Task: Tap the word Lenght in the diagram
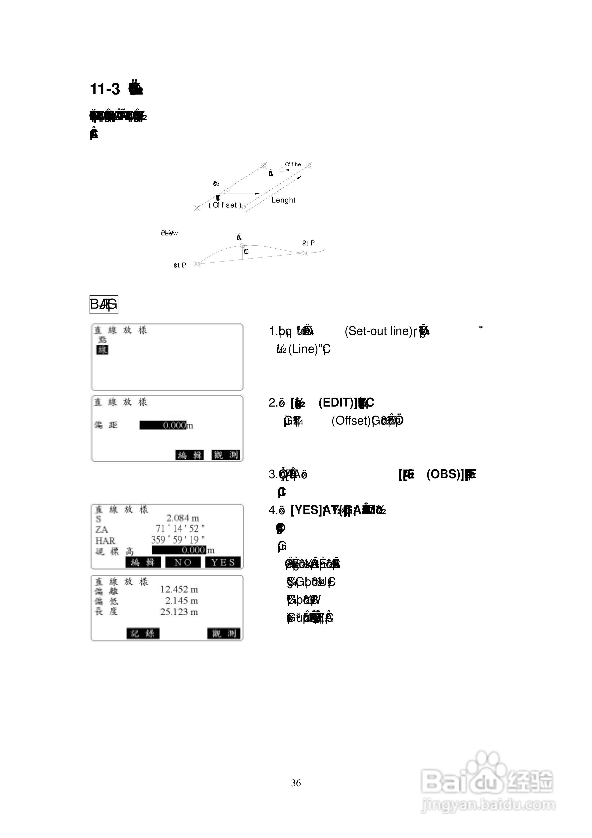tap(283, 200)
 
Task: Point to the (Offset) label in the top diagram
tap(225, 205)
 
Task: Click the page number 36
tap(296, 783)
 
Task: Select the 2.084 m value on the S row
tap(183, 518)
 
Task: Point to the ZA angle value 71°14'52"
tap(180, 529)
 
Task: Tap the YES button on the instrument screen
tap(223, 562)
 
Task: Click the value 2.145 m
tap(181, 600)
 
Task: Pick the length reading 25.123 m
tap(179, 611)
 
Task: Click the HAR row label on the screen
tap(105, 540)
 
